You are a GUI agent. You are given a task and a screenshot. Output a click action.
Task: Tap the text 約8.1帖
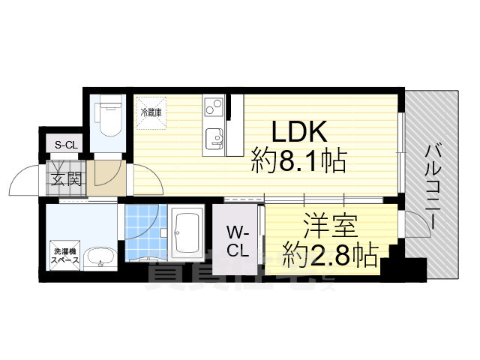coord(298,161)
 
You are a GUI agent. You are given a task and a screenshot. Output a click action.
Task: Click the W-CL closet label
coord(238,240)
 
